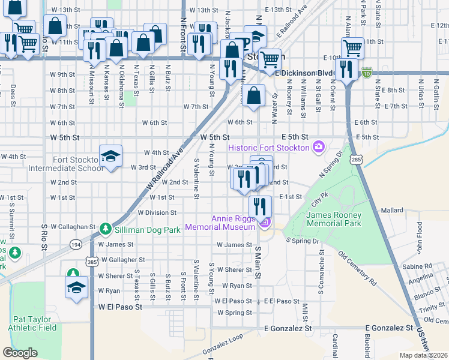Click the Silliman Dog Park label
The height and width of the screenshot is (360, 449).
pyautogui.click(x=147, y=229)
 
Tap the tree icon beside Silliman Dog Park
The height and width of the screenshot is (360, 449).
pyautogui.click(x=106, y=229)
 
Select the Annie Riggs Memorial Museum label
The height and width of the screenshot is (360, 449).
pyautogui.click(x=220, y=223)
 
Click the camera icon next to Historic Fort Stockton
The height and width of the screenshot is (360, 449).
pyautogui.click(x=318, y=147)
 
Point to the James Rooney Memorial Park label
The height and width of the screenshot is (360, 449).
pyautogui.click(x=334, y=219)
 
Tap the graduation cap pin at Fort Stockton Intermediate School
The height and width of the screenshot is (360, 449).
pyautogui.click(x=110, y=156)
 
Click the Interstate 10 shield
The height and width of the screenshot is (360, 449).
pyautogui.click(x=366, y=72)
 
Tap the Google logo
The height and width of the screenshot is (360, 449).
pyautogui.click(x=20, y=353)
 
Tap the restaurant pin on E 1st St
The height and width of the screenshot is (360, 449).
pyautogui.click(x=260, y=206)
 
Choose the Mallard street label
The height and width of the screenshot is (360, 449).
pyautogui.click(x=392, y=211)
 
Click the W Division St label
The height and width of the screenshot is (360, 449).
pyautogui.click(x=157, y=212)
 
